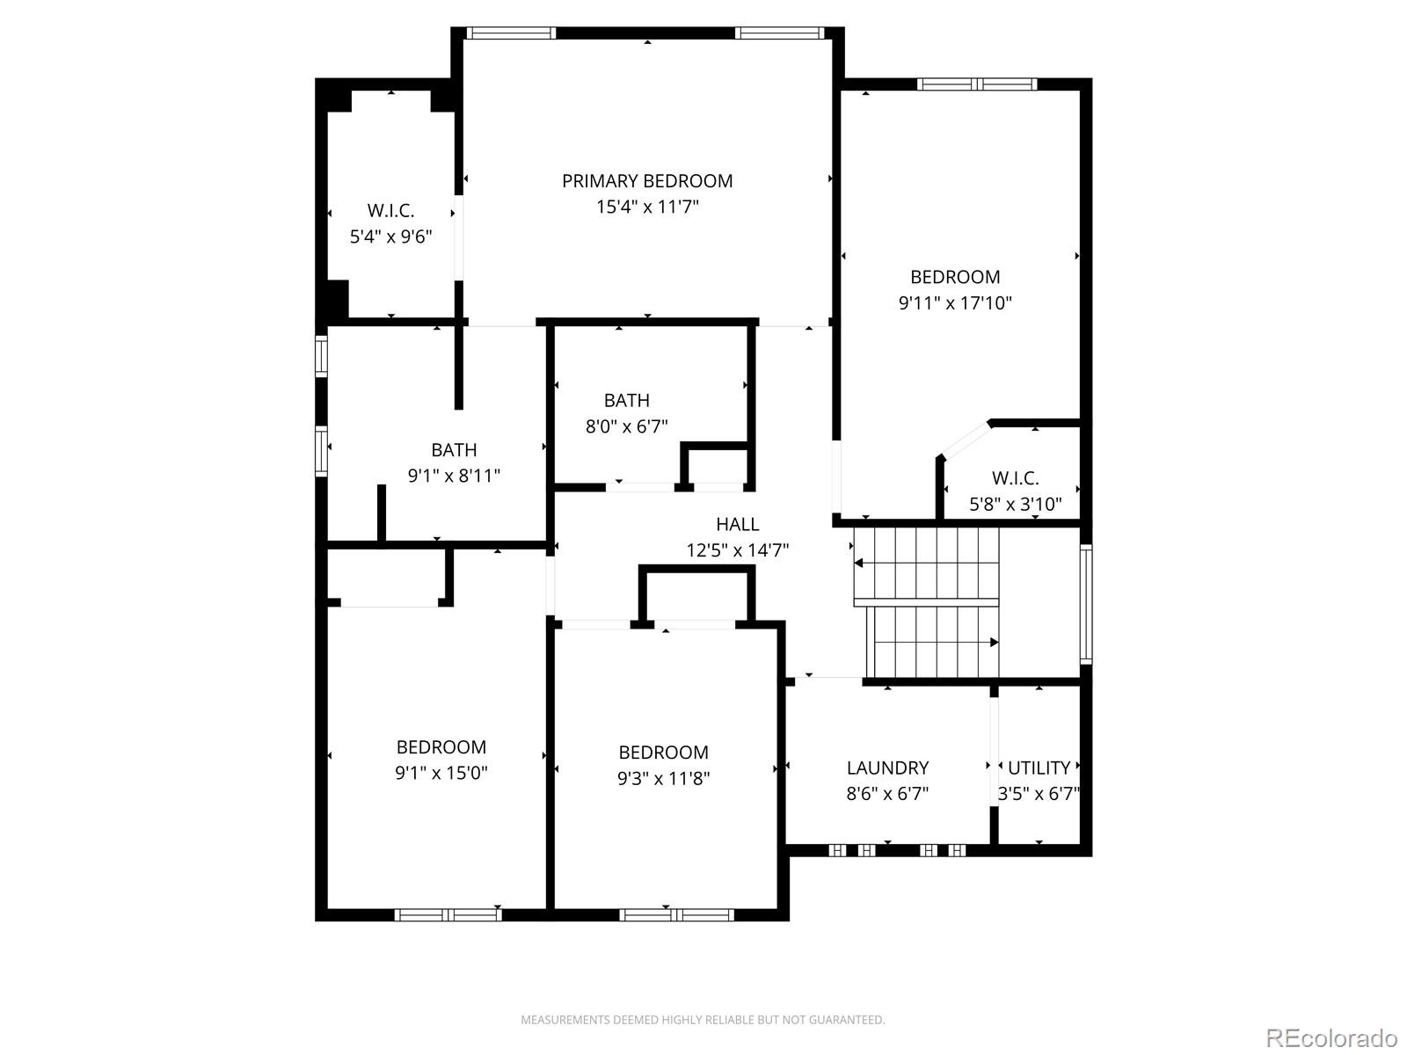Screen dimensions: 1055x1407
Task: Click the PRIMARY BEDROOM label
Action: [647, 181]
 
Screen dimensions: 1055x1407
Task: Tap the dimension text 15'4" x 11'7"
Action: [647, 207]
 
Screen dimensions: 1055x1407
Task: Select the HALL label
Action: [737, 525]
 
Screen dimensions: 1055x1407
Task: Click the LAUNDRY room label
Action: [887, 768]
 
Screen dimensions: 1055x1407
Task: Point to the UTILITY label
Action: [1039, 768]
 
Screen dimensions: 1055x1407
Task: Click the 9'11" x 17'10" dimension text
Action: [955, 303]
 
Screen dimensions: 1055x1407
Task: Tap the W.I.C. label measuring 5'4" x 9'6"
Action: [390, 211]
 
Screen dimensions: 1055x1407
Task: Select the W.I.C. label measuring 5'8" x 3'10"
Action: [1015, 479]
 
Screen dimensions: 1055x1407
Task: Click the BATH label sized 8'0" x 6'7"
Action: [626, 401]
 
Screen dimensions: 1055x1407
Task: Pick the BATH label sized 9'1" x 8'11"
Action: [454, 450]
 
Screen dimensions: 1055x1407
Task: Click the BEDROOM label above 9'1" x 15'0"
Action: [441, 747]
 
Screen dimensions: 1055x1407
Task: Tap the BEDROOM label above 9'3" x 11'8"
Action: [663, 753]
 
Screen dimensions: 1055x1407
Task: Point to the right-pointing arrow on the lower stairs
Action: [994, 643]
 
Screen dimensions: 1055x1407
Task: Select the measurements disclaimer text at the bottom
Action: [703, 1020]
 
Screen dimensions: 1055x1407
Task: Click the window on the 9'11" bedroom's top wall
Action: [976, 84]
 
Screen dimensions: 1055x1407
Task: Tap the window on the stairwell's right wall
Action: [1086, 603]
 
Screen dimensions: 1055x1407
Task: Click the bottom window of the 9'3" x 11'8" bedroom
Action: [676, 915]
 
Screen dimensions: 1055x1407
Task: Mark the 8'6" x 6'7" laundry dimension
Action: [887, 794]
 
